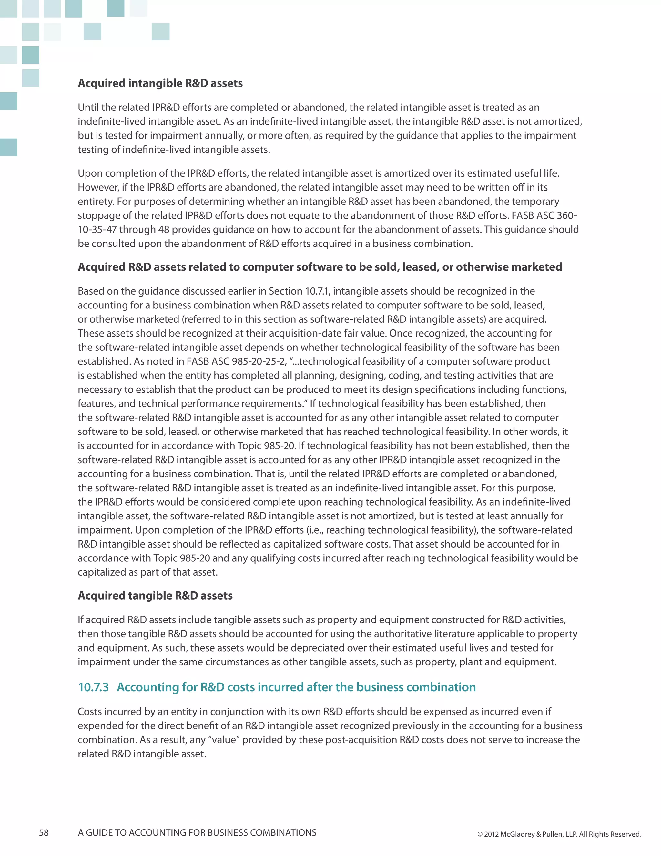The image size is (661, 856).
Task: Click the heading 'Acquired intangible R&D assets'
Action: tap(160, 83)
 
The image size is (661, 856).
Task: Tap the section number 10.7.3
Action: tap(93, 687)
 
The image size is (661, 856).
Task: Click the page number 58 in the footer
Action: tap(44, 832)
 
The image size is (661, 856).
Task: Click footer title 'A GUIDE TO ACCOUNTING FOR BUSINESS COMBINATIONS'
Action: tap(197, 832)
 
